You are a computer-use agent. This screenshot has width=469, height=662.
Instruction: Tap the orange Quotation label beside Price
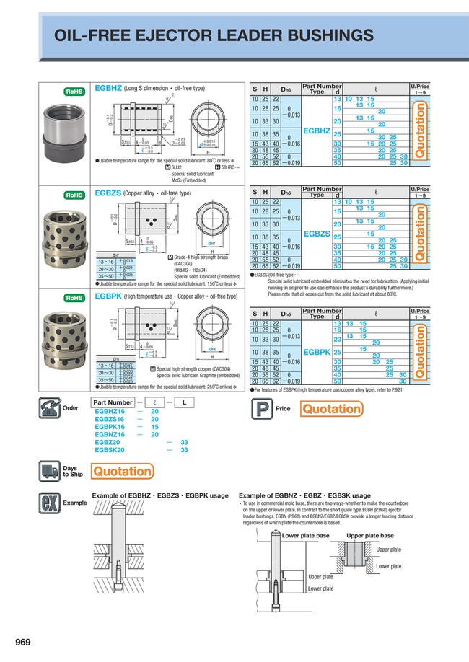pos(331,410)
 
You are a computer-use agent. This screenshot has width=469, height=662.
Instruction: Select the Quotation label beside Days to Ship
pos(123,471)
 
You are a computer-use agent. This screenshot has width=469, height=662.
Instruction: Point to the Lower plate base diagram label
pos(305,536)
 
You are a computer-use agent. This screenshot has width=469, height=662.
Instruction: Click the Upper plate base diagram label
pos(370,536)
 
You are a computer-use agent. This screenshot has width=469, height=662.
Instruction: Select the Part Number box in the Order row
pos(113,402)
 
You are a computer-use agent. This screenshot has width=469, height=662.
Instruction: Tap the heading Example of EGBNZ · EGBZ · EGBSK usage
pos(304,495)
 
